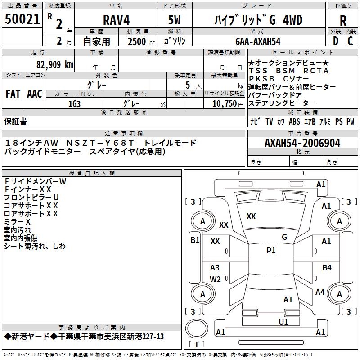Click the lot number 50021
click(x=22, y=20)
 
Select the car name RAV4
click(x=116, y=20)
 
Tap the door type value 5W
click(x=175, y=20)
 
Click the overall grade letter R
click(x=343, y=20)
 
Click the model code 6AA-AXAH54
click(x=258, y=41)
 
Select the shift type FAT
click(x=13, y=94)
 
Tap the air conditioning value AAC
click(x=35, y=94)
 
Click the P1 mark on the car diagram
click(x=271, y=251)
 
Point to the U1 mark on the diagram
click(x=283, y=322)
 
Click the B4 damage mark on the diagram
click(x=327, y=268)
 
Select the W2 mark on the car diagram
click(x=215, y=279)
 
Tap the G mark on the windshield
click(x=284, y=237)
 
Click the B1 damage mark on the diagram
click(x=194, y=240)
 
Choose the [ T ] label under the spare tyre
click(x=196, y=345)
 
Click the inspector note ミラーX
click(x=18, y=222)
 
